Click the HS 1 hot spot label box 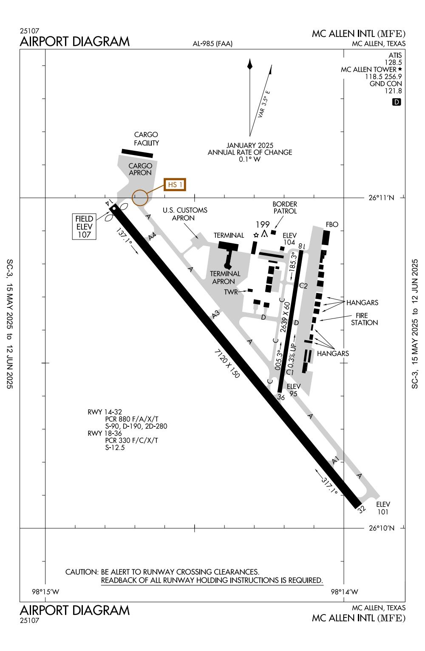pos(175,184)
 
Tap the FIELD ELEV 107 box pos(84,227)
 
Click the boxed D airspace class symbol pos(397,102)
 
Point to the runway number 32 pos(362,510)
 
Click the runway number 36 pos(280,397)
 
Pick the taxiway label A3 pos(216,314)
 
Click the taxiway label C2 pos(303,286)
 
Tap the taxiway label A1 pos(335,460)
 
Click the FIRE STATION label pos(364,319)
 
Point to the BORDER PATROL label pos(285,208)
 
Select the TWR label pos(231,292)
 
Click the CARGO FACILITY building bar pos(137,153)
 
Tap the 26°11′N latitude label pos(381,198)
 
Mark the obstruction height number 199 pos(263,225)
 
